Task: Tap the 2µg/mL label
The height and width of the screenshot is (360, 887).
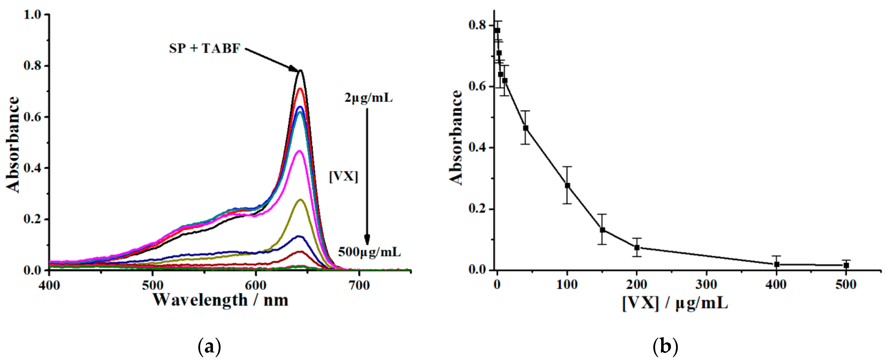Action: (x=368, y=98)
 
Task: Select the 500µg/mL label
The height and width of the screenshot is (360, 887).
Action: (x=369, y=252)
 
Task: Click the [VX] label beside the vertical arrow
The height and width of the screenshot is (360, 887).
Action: (x=343, y=177)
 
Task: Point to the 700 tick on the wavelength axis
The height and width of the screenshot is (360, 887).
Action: (x=359, y=285)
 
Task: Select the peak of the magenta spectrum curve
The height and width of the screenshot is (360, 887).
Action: (x=299, y=151)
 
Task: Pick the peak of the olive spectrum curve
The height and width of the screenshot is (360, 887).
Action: (x=300, y=200)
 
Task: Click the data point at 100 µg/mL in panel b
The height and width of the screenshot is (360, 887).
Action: (x=567, y=186)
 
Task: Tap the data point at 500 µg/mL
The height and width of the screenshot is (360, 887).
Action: (x=846, y=265)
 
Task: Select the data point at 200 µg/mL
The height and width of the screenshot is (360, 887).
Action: (x=637, y=247)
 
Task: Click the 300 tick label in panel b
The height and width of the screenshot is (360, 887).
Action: (x=707, y=285)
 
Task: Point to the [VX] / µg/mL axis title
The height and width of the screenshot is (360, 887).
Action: (x=675, y=303)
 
